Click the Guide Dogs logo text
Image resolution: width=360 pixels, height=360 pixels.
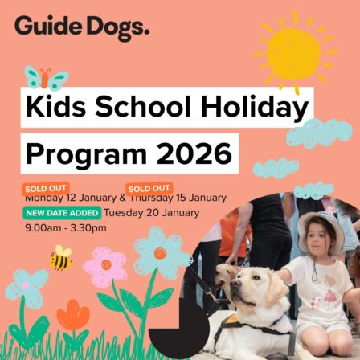point(81,27)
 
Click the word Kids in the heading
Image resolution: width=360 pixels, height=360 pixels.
point(57,108)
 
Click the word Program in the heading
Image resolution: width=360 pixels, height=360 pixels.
point(80,151)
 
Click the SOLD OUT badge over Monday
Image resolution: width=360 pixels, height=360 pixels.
point(41,190)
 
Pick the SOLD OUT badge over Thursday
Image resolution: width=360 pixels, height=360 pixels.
point(144,190)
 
